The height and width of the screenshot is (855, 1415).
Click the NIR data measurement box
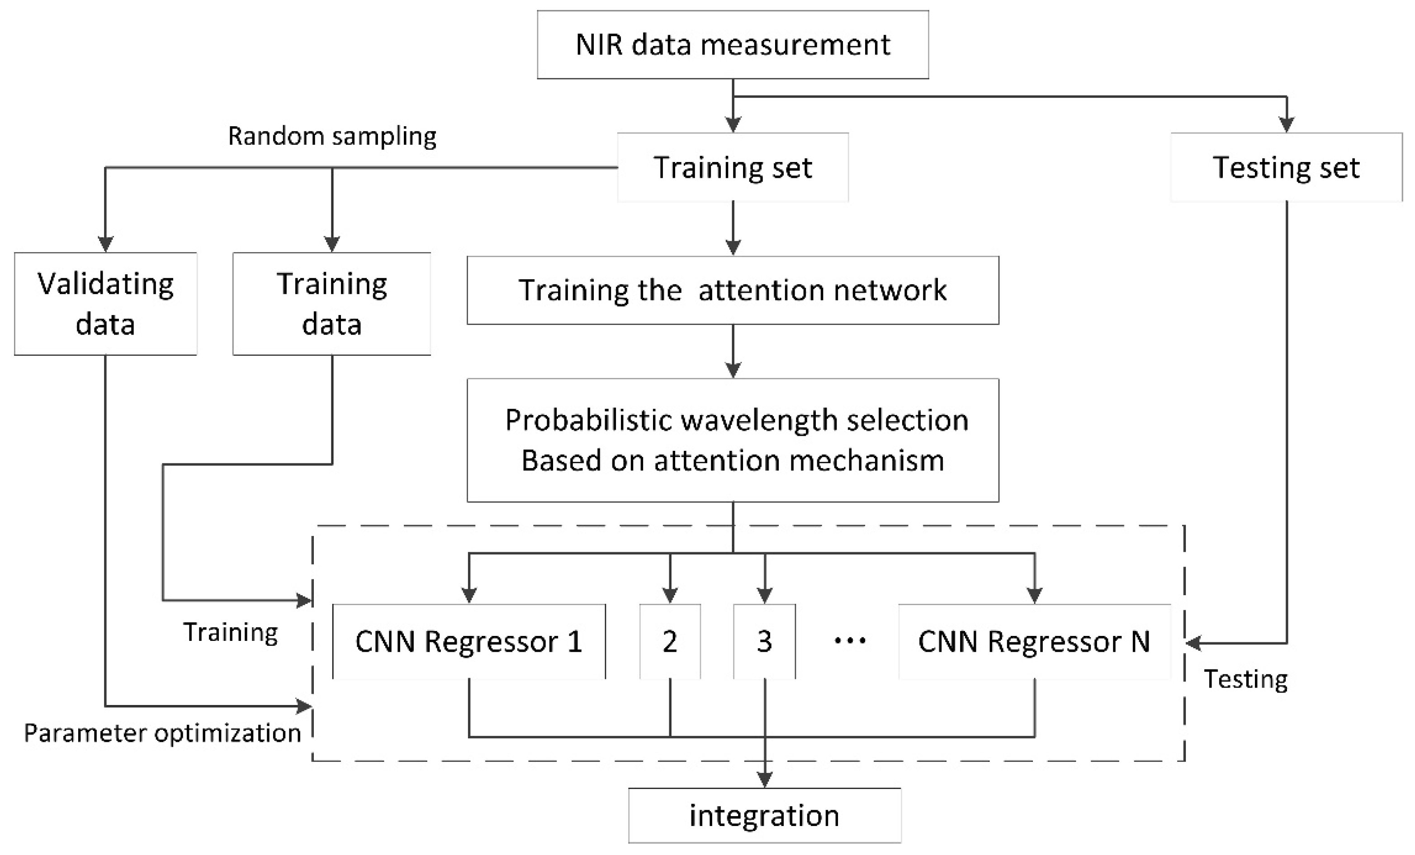click(x=732, y=45)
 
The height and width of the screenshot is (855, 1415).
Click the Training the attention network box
click(x=732, y=290)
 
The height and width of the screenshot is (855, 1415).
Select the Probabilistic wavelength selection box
click(x=732, y=439)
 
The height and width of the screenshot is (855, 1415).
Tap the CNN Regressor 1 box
click(x=469, y=641)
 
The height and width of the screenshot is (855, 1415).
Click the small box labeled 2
click(x=670, y=641)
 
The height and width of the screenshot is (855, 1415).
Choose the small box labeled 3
click(x=764, y=641)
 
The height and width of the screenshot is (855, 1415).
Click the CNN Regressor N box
click(x=1034, y=641)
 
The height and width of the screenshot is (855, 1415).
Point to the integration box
click(x=764, y=815)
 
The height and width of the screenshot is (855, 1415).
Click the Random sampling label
click(x=332, y=136)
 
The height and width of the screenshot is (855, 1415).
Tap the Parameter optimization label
click(x=162, y=733)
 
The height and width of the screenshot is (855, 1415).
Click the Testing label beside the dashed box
click(x=1245, y=679)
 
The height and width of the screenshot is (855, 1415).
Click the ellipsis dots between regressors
click(x=849, y=640)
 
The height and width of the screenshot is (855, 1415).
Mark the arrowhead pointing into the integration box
click(x=764, y=779)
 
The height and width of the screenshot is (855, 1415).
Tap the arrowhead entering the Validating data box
click(x=106, y=244)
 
